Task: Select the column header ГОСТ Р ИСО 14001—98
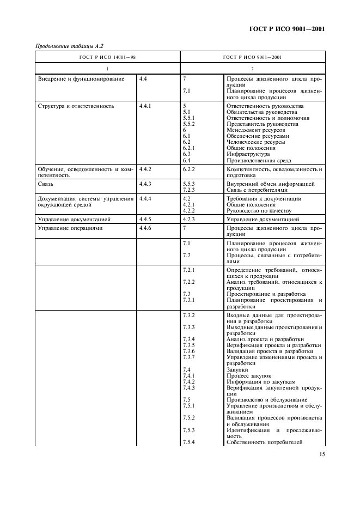108,57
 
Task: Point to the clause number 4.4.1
145,106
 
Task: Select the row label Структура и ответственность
76,106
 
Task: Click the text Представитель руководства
263,124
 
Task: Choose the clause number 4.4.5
145,219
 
